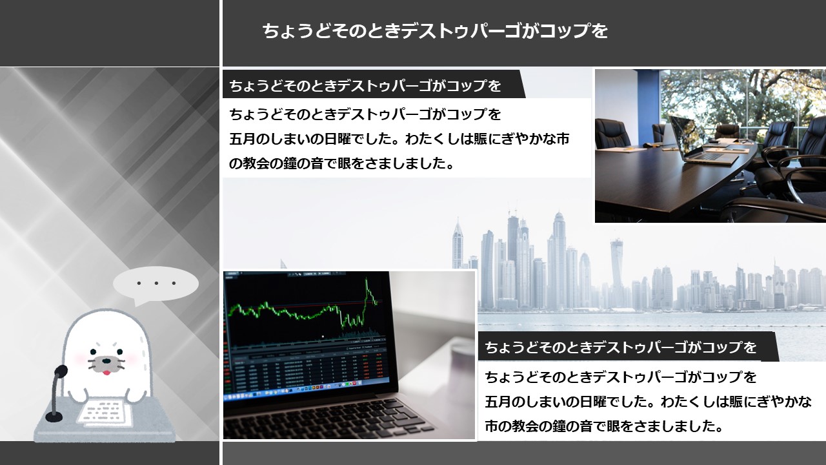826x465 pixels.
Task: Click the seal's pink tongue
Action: click(x=106, y=373)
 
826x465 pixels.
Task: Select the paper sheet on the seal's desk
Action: click(x=105, y=413)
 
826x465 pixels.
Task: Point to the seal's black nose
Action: click(x=106, y=359)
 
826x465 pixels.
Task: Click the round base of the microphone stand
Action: click(x=54, y=417)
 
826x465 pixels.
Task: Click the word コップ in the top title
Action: click(x=567, y=30)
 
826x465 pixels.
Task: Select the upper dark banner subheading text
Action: click(x=365, y=86)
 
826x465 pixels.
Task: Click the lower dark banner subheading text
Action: click(x=621, y=347)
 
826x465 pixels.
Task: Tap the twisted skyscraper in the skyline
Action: click(x=616, y=273)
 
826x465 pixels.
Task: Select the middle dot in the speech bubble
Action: click(x=156, y=284)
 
